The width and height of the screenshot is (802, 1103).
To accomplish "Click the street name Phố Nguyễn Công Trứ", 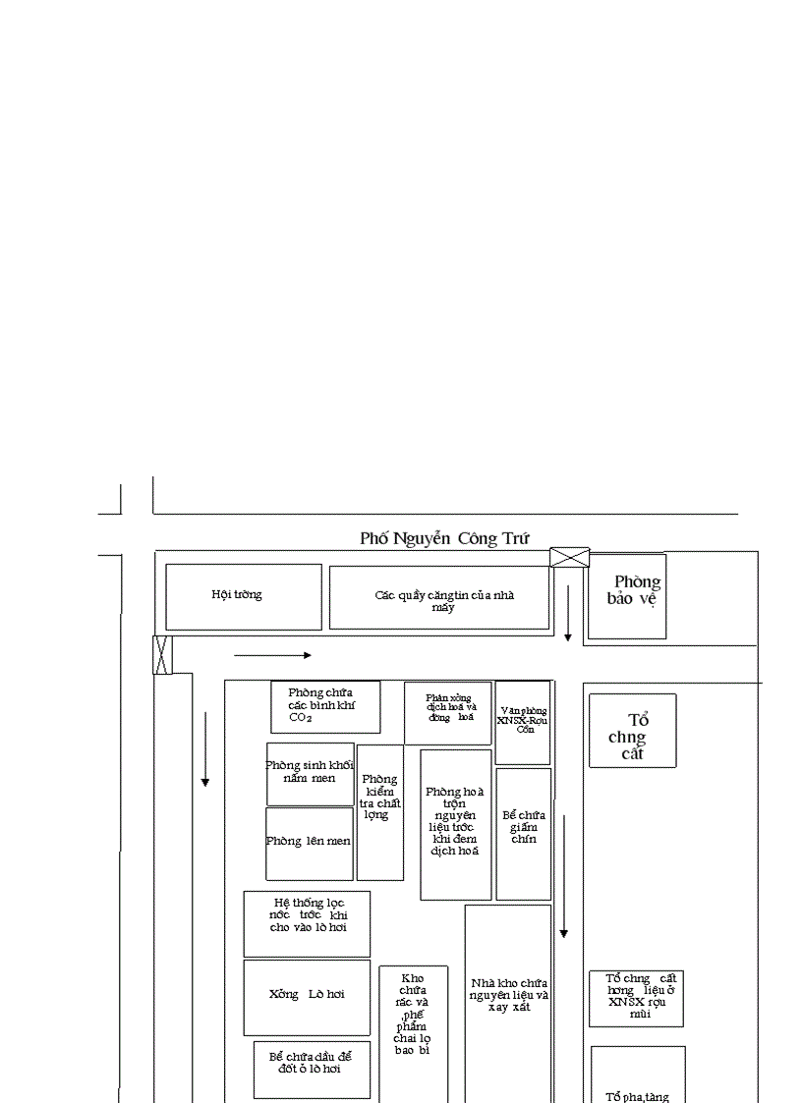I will click(444, 538).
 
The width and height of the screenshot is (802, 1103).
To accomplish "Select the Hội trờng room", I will click(243, 596).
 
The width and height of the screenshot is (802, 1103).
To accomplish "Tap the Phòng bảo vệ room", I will click(627, 596).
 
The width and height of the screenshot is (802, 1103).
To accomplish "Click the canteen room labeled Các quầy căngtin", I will click(439, 597).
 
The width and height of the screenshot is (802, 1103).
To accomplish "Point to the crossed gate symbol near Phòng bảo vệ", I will click(569, 557).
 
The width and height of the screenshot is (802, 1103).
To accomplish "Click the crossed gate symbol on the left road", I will click(163, 654).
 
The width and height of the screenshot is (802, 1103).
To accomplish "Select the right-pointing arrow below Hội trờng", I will click(272, 655).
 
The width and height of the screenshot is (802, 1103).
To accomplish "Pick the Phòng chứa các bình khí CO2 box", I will click(325, 706).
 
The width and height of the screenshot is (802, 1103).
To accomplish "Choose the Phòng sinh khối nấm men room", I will click(310, 773).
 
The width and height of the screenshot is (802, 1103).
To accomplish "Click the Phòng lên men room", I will click(309, 843).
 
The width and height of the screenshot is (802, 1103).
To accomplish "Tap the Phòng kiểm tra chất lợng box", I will click(379, 811).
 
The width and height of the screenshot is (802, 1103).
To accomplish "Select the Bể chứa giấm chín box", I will click(523, 833).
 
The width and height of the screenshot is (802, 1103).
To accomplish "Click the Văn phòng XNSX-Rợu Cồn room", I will click(523, 722).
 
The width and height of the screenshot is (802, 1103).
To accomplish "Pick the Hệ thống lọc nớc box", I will click(307, 923).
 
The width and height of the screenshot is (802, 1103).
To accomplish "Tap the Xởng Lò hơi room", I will click(307, 994).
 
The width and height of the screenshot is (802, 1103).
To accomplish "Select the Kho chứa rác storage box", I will click(413, 1021).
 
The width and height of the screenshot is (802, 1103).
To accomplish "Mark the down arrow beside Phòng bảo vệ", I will click(568, 613).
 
